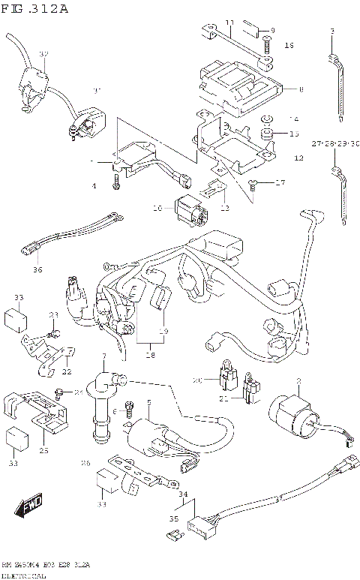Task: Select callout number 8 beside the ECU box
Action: (x=301, y=89)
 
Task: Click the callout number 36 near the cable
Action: (x=37, y=269)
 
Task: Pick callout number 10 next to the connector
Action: (x=158, y=208)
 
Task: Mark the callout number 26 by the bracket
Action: (x=85, y=463)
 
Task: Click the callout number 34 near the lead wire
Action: (x=182, y=494)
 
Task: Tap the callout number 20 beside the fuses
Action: (x=198, y=380)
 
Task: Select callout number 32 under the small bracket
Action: (x=67, y=371)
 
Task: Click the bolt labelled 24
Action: (x=58, y=392)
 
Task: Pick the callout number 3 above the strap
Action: (x=331, y=30)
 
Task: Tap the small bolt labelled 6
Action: (x=127, y=408)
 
